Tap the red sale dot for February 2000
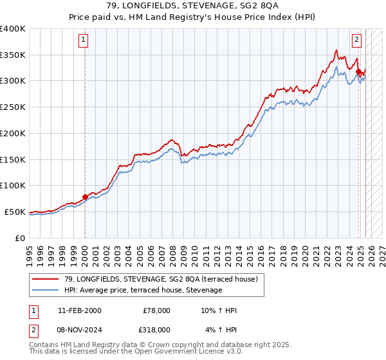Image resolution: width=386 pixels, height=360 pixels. (x=85, y=197)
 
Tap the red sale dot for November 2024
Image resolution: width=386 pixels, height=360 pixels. (x=358, y=71)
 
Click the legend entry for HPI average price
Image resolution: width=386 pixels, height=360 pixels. (x=142, y=291)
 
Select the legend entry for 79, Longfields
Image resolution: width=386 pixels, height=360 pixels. (x=154, y=279)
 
